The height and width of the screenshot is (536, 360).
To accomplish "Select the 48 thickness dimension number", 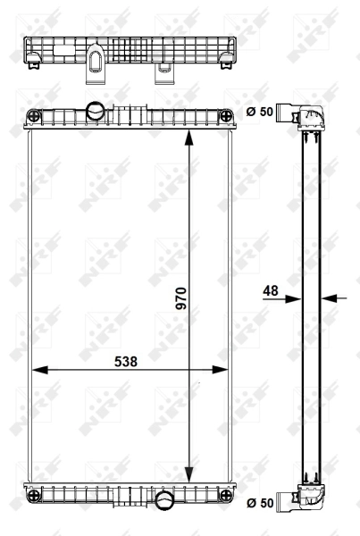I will [x=271, y=290].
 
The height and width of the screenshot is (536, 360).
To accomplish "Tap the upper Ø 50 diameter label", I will [x=259, y=111].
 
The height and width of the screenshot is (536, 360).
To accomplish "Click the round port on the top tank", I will [x=95, y=111].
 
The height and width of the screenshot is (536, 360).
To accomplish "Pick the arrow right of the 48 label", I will [x=293, y=299].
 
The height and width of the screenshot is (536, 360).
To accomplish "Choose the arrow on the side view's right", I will [x=329, y=299].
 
